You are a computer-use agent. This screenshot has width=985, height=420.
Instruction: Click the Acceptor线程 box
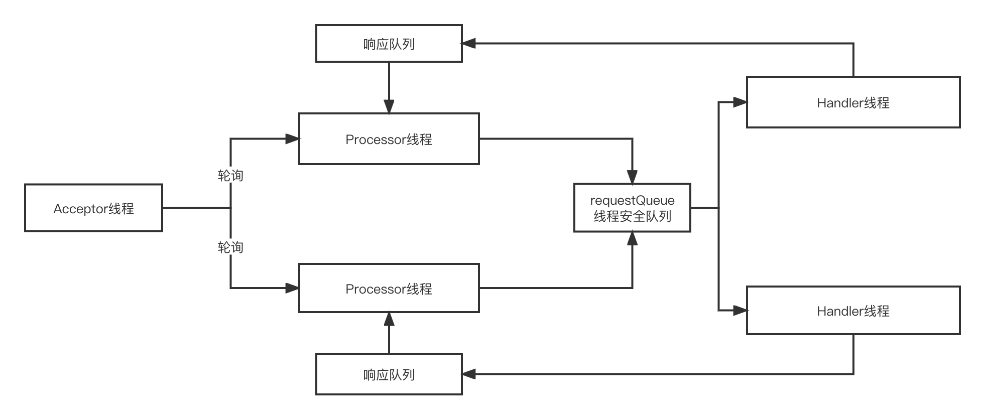(93, 208)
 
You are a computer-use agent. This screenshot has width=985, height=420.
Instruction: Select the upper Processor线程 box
(389, 139)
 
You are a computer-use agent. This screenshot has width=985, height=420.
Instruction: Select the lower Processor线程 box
(389, 289)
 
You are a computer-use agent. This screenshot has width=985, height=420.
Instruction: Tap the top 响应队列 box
(389, 44)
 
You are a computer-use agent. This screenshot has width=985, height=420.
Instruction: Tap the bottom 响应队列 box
(389, 374)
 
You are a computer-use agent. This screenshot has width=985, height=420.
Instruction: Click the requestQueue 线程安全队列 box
(632, 208)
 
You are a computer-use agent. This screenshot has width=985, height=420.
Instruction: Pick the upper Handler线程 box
(853, 102)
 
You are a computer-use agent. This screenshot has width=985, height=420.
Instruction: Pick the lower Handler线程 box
(853, 311)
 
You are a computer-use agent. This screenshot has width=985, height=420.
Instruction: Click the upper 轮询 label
(230, 175)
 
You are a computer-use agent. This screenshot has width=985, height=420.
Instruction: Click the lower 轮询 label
(230, 247)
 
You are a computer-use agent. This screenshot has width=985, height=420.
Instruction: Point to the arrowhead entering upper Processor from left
(292, 139)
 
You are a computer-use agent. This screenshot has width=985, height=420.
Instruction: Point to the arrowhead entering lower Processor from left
(292, 288)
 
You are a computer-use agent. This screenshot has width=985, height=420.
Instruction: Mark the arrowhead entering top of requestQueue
(632, 177)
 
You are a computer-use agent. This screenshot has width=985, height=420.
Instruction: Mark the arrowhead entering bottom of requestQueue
(632, 239)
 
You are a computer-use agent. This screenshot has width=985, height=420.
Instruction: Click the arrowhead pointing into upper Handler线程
(740, 102)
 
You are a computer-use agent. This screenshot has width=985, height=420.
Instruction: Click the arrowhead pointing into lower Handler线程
(740, 311)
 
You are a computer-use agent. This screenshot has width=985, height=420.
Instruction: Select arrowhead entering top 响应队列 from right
(469, 44)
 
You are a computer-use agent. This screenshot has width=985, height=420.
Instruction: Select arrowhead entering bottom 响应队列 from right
(469, 374)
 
